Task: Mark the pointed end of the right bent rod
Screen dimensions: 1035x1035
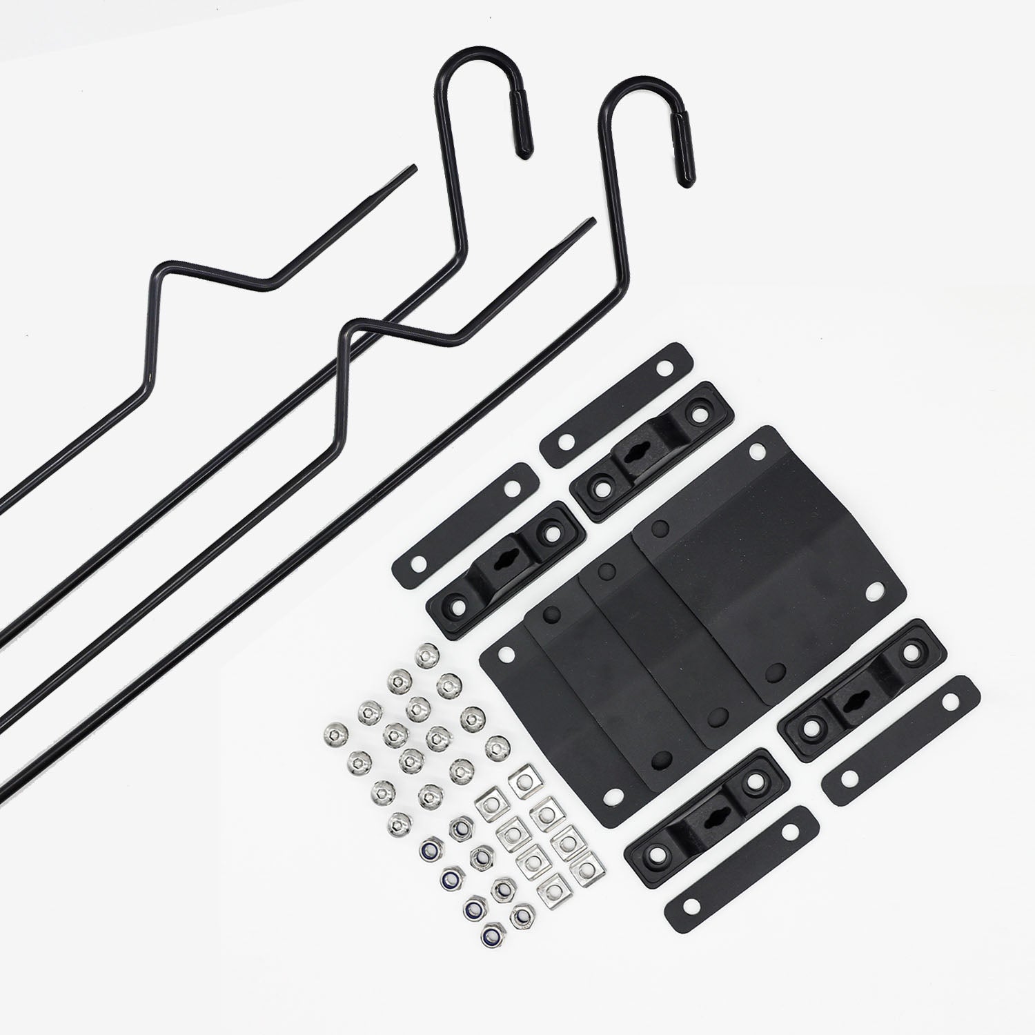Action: (x=591, y=221)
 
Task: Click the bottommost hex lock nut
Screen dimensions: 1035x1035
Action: (x=494, y=937)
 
